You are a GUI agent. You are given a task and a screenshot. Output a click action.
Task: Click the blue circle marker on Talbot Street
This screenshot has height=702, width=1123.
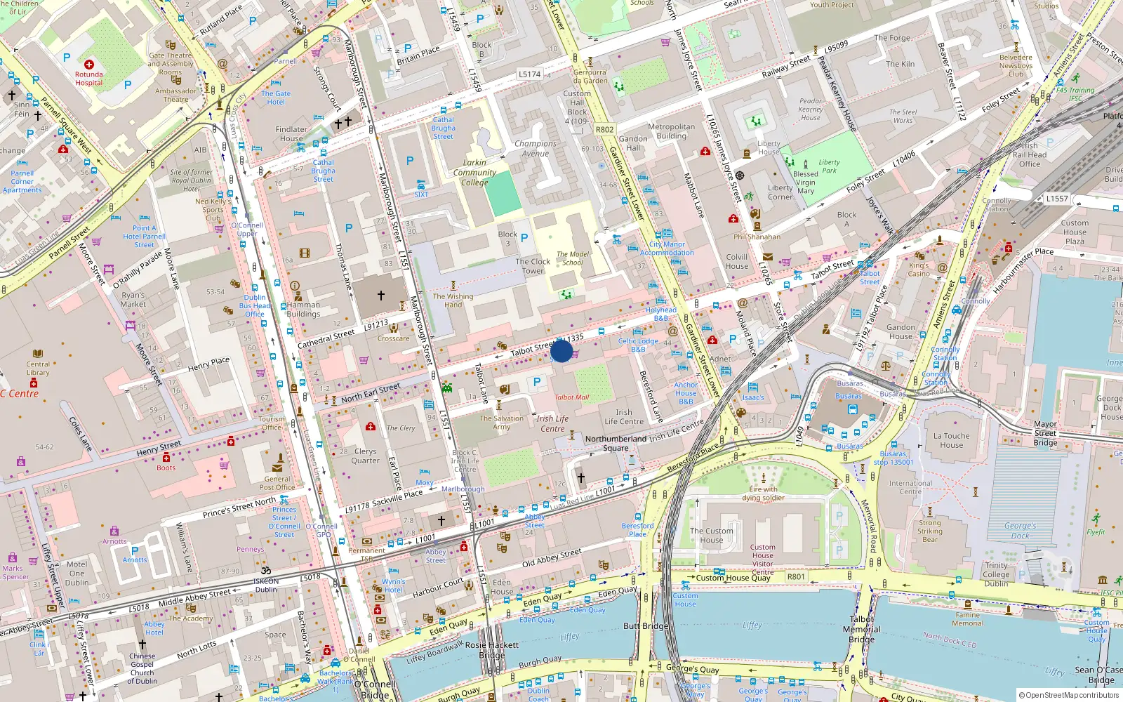click(561, 351)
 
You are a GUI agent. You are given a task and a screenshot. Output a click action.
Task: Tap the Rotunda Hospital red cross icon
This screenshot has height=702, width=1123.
click(89, 65)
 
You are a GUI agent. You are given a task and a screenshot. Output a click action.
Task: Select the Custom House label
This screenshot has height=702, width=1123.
click(711, 536)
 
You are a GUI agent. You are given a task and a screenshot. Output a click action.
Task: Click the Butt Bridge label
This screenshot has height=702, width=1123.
click(646, 626)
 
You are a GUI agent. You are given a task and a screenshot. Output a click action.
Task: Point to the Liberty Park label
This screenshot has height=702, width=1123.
click(829, 166)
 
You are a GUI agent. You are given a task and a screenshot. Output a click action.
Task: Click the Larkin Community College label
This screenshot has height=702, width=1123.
click(474, 172)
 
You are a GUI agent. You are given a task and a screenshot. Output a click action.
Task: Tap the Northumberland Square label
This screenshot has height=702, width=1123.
click(616, 443)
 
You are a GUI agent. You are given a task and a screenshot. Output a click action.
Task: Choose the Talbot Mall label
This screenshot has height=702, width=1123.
click(572, 397)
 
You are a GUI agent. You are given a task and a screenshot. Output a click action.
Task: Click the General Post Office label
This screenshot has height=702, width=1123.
click(277, 483)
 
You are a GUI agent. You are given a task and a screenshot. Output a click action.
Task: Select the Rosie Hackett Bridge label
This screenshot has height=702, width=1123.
click(492, 650)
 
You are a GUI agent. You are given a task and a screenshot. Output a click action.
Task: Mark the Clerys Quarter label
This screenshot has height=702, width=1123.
click(365, 456)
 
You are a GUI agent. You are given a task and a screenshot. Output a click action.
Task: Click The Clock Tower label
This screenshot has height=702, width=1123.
click(533, 266)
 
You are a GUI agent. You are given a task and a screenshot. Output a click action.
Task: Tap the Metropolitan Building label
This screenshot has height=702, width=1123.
click(671, 131)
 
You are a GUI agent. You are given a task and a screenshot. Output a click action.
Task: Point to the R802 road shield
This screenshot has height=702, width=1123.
click(604, 129)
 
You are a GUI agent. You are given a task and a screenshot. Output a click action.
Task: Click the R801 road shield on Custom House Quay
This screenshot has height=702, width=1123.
click(796, 577)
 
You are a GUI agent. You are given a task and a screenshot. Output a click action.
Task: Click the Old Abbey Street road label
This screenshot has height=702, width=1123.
click(552, 558)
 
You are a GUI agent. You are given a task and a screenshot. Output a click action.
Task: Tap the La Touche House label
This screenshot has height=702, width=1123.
click(951, 440)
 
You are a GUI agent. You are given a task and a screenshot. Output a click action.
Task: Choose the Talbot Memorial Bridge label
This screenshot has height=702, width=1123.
click(861, 630)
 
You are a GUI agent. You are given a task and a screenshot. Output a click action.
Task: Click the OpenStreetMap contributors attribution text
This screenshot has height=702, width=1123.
click(1069, 695)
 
